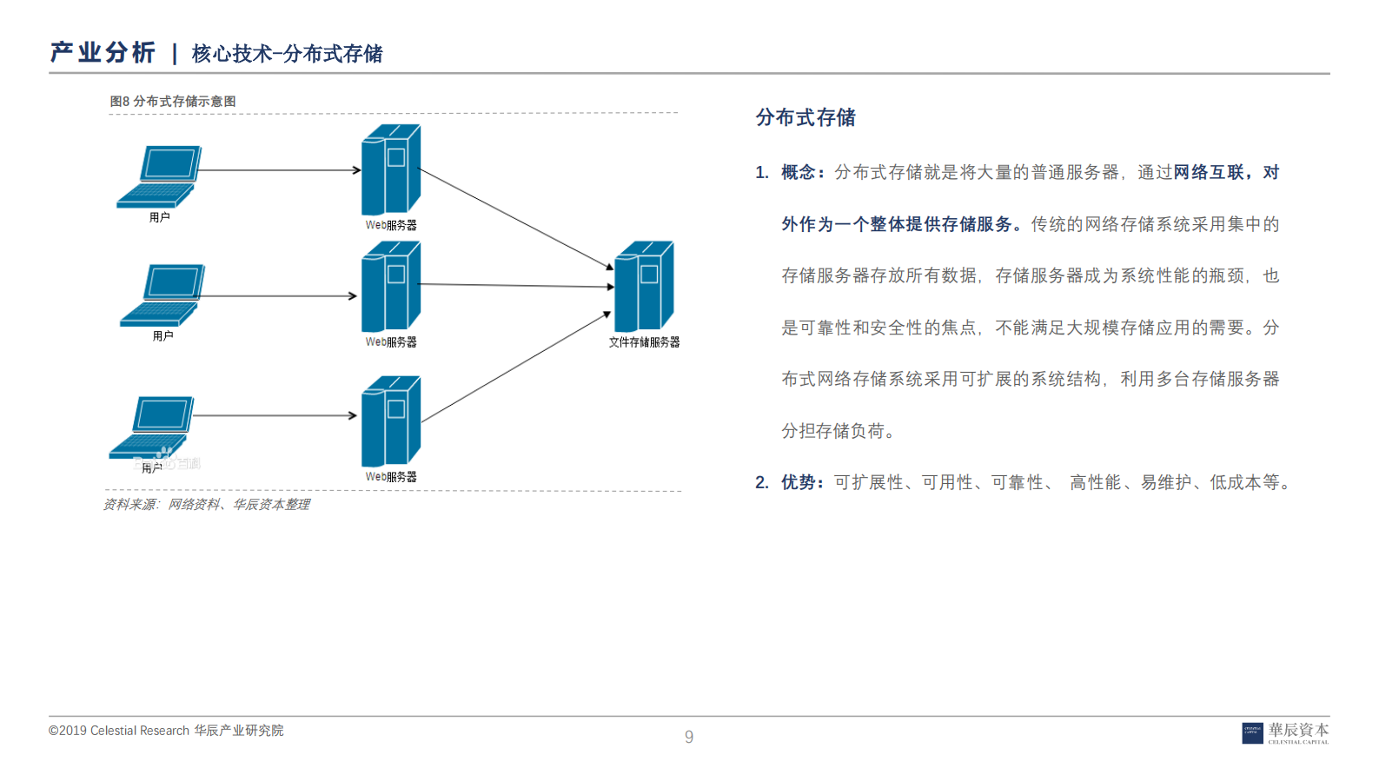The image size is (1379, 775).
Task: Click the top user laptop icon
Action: pyautogui.click(x=159, y=176)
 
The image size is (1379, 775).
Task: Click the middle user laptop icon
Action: pyautogui.click(x=162, y=295)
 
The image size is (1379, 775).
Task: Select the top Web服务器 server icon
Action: pyautogui.click(x=390, y=170)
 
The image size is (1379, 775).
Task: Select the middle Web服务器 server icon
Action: pyautogui.click(x=390, y=287)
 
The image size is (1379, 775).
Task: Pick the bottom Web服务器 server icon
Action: pyautogui.click(x=390, y=421)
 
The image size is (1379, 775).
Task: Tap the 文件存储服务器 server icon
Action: pyautogui.click(x=644, y=287)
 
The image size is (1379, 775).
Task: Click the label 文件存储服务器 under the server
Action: pyautogui.click(x=644, y=342)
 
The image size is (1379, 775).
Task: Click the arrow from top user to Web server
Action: pyautogui.click(x=278, y=170)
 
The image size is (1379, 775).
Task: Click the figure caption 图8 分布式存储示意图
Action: pyautogui.click(x=173, y=102)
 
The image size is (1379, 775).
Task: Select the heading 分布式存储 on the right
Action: pyautogui.click(x=806, y=117)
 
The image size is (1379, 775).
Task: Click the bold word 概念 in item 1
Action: pyautogui.click(x=798, y=173)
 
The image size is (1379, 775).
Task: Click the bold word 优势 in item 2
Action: pyautogui.click(x=798, y=482)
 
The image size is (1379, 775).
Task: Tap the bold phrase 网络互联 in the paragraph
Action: pyautogui.click(x=1209, y=173)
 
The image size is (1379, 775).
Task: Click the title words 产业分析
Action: pyautogui.click(x=103, y=53)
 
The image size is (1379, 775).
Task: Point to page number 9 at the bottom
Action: pyautogui.click(x=689, y=737)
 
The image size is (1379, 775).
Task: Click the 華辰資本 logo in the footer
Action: pyautogui.click(x=1285, y=732)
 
